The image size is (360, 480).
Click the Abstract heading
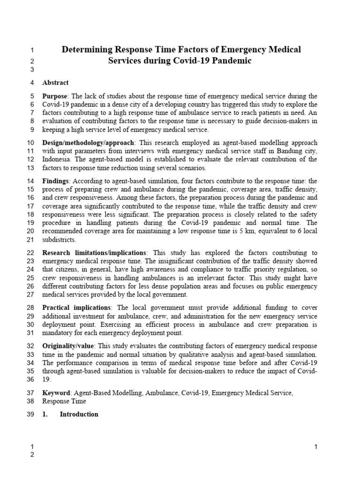click(55, 82)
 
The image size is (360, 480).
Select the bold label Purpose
click(55, 97)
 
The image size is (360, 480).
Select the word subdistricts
click(59, 240)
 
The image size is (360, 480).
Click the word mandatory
click(58, 333)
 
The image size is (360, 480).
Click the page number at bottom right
click(316, 447)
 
